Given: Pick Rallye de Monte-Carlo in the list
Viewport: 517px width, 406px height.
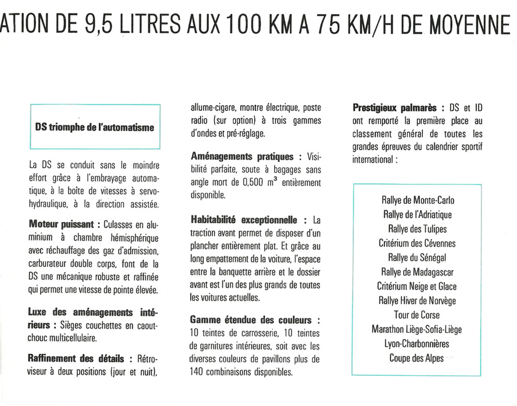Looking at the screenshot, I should pos(418,200).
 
